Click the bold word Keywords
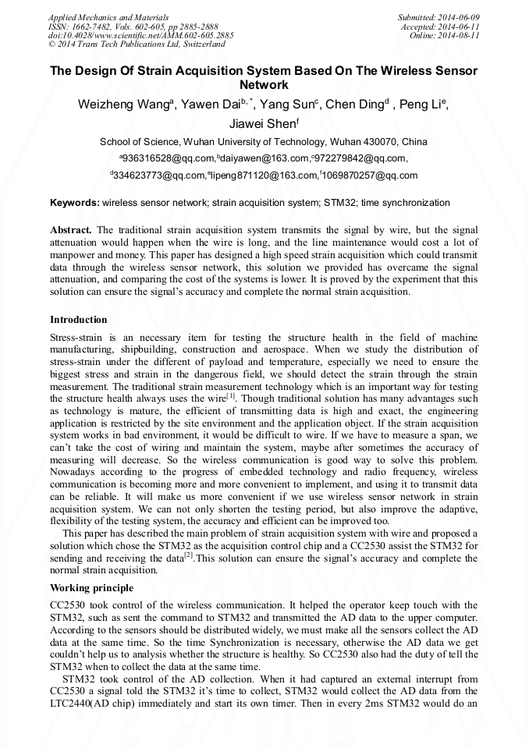pyautogui.click(x=75, y=203)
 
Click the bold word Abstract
pyautogui.click(x=71, y=231)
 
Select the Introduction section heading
pyautogui.click(x=79, y=320)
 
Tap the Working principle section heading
pyautogui.click(x=91, y=587)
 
